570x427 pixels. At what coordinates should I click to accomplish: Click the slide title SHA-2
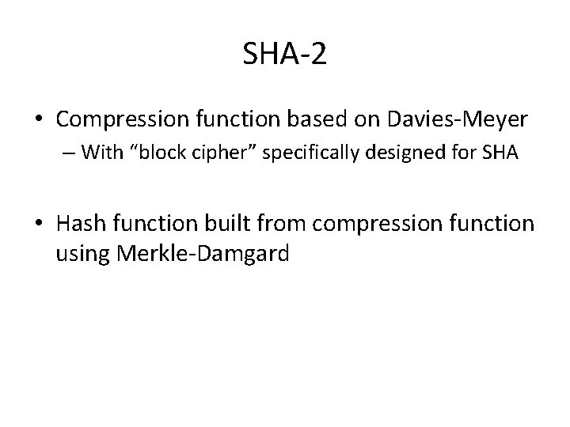[284, 55]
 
